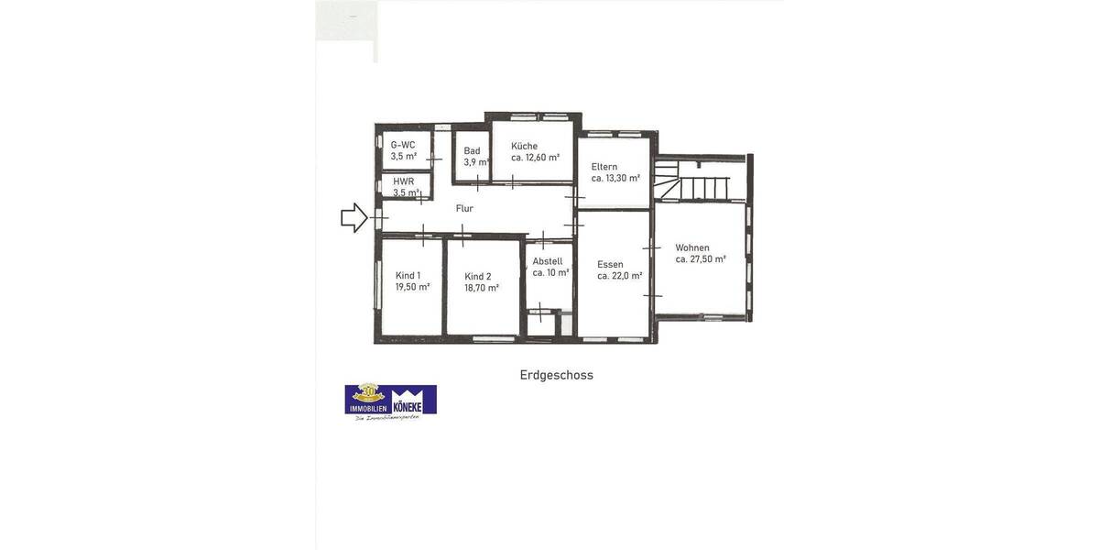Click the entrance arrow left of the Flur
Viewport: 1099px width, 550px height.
pos(354,218)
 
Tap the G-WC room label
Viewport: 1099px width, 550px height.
pos(403,145)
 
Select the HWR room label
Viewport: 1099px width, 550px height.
pos(404,181)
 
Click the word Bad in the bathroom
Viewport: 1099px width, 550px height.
pos(472,151)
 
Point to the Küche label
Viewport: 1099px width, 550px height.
pos(525,146)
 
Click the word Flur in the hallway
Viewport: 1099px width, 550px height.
pos(464,208)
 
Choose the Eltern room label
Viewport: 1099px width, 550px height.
pos(604,167)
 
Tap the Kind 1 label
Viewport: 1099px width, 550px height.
pos(408,275)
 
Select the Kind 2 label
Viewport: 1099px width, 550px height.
pos(478,276)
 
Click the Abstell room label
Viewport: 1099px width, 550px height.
pos(548,261)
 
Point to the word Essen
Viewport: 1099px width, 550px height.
pos(610,264)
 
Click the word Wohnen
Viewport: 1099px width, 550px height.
pos(692,247)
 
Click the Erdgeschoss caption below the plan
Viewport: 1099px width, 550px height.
pos(557,375)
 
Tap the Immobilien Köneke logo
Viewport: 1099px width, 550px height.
pos(391,401)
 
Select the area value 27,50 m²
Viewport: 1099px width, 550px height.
pos(708,259)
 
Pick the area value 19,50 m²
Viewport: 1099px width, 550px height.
pos(412,287)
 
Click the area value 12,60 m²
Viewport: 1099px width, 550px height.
pos(542,158)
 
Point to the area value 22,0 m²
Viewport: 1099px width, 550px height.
pos(627,276)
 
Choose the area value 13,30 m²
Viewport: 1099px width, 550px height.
pos(623,179)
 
